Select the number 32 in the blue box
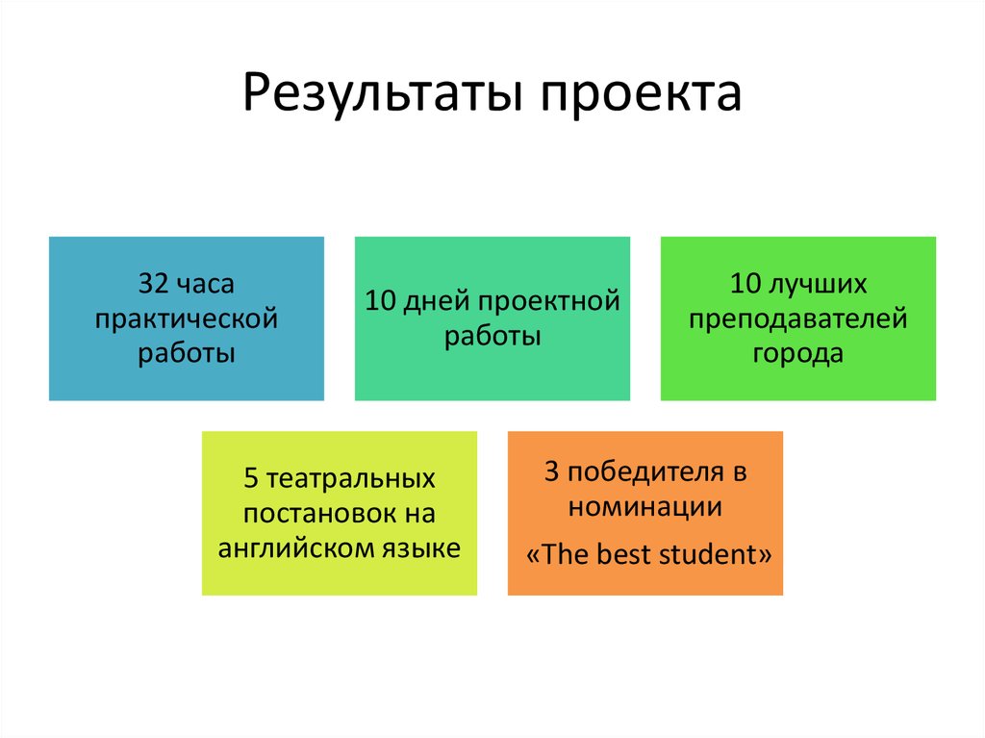tap(155, 284)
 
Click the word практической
tap(187, 318)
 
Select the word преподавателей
tap(797, 318)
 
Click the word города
tap(797, 353)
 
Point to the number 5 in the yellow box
tap(252, 478)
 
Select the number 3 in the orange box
tap(551, 472)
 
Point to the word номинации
tap(644, 507)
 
